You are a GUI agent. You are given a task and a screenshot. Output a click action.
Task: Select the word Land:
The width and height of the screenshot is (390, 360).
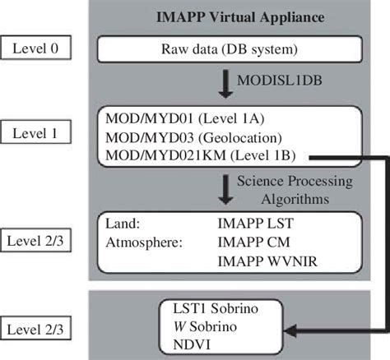click(124, 222)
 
